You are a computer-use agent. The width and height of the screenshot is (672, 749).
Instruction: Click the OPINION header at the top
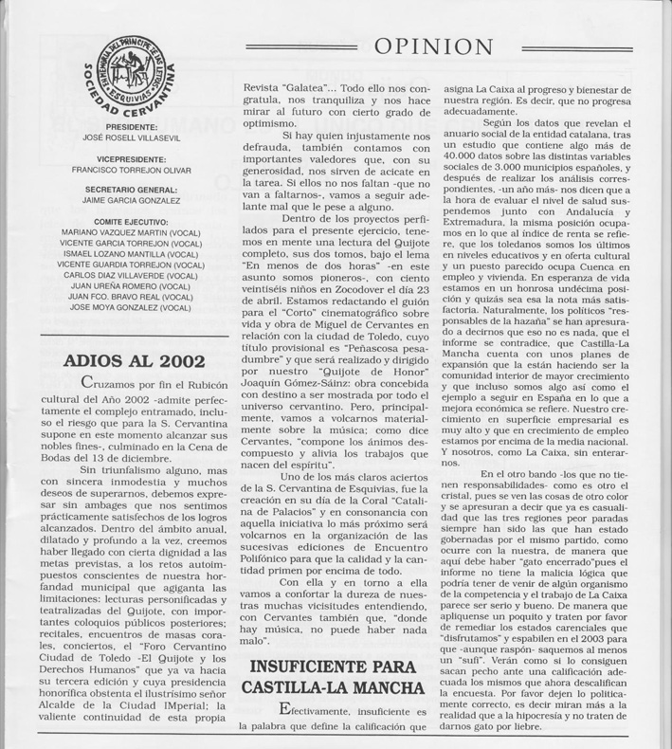pyautogui.click(x=444, y=47)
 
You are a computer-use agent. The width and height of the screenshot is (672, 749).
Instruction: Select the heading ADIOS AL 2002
pyautogui.click(x=132, y=363)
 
